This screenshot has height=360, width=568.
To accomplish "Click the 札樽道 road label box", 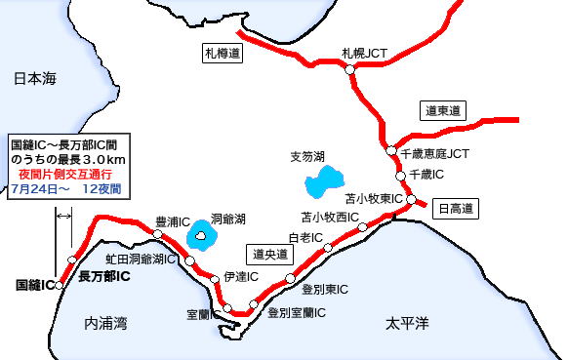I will [222, 55].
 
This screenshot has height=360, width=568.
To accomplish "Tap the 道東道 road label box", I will [442, 110].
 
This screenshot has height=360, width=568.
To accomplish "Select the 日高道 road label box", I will [455, 207].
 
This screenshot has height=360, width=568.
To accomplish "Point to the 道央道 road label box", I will [269, 255].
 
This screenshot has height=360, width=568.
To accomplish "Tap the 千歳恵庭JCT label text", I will [435, 154].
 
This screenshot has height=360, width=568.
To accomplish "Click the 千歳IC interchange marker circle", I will [400, 176].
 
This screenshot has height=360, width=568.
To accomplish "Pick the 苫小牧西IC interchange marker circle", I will [362, 226].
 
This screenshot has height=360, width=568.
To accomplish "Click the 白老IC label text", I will [305, 238].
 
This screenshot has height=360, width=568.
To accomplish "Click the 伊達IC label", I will [241, 277].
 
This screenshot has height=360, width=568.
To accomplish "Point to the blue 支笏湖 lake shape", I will [322, 181].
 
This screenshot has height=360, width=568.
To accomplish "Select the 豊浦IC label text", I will [173, 221].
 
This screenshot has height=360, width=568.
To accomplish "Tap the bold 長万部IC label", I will [104, 276].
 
